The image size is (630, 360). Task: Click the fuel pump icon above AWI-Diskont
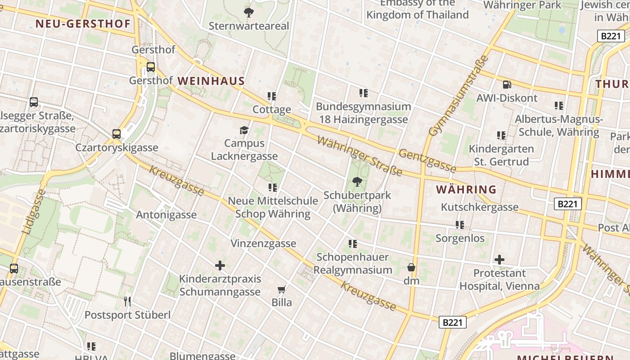click(x=507, y=84)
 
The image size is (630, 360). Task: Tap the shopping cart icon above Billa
click(x=282, y=289)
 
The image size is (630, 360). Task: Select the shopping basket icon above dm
click(x=411, y=267)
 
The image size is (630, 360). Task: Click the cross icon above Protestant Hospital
click(x=499, y=260)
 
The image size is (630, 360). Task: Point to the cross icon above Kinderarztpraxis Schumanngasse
click(x=220, y=265)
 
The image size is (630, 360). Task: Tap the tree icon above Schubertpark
click(x=357, y=182)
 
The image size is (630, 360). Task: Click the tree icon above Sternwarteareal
click(x=248, y=12)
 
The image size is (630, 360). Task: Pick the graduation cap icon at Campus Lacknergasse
click(x=244, y=130)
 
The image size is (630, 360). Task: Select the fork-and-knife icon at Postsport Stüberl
click(x=127, y=301)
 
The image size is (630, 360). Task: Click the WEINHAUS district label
click(x=211, y=81)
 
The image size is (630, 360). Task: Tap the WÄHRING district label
click(x=466, y=189)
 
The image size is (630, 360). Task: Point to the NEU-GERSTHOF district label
click(x=83, y=24)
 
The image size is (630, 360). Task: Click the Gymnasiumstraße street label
click(x=459, y=95)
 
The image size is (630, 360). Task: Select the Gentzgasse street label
click(x=427, y=161)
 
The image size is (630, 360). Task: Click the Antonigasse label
click(x=166, y=215)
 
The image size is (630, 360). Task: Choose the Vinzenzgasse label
click(x=263, y=243)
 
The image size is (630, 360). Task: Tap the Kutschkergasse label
click(x=480, y=207)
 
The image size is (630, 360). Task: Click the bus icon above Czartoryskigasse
click(x=117, y=134)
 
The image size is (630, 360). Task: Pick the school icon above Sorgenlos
click(x=459, y=225)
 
